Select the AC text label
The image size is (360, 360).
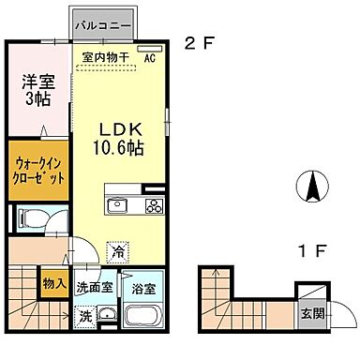pos(149,57)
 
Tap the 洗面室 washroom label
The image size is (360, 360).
pos(96,290)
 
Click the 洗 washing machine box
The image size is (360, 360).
pos(85,316)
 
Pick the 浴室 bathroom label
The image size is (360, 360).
pos(142,290)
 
